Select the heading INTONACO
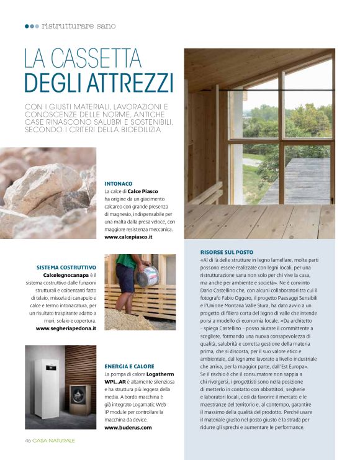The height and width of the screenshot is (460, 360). tap(119, 184)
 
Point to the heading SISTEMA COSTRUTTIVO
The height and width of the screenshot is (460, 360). tap(66, 268)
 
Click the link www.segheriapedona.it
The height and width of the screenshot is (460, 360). tap(66, 328)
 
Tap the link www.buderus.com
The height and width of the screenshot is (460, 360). tap(128, 428)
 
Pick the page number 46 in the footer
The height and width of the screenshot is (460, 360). tap(28, 440)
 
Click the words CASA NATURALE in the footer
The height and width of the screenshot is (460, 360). tap(54, 440)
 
